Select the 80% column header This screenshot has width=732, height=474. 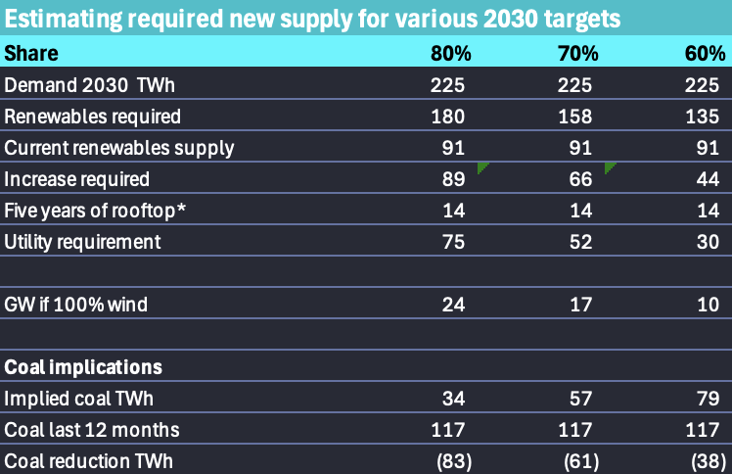[x=447, y=53]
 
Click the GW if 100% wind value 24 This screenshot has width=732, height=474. [x=451, y=305]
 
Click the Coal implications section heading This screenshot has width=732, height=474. [x=83, y=367]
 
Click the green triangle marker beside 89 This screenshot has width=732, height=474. [x=480, y=167]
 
